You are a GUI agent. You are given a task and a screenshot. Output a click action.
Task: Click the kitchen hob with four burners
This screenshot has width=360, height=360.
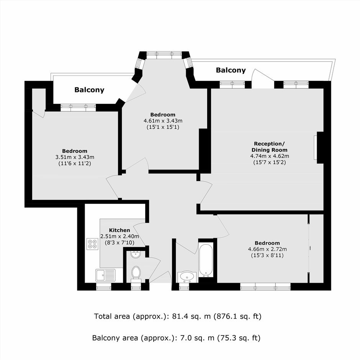[93, 244]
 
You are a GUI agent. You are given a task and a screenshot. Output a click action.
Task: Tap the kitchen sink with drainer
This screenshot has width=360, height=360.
[106, 275]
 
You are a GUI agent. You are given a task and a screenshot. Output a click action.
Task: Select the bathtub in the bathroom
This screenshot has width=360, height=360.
[206, 260]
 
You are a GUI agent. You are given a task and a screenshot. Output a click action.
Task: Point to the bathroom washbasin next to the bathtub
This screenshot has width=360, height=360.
[188, 277]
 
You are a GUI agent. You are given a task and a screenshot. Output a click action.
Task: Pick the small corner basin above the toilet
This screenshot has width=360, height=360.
[136, 254]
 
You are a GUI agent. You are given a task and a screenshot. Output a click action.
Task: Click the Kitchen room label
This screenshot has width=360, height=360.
[119, 230]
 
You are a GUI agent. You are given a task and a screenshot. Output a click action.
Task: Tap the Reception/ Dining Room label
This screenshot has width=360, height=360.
[269, 147]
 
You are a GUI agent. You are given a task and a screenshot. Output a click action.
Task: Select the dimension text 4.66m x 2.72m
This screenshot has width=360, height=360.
[267, 249]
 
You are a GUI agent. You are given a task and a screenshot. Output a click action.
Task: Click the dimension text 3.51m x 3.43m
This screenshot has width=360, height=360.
[75, 157]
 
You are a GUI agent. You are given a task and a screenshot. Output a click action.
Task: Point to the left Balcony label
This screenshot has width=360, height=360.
[89, 90]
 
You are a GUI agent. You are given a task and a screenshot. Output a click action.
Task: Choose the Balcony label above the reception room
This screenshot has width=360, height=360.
[231, 70]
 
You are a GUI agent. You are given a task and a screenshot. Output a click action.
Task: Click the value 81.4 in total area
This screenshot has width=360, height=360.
[182, 316]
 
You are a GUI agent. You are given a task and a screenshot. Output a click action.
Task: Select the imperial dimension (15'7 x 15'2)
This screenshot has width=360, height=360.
[269, 162]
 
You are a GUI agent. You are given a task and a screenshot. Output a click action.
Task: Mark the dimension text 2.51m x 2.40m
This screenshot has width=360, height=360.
[119, 236]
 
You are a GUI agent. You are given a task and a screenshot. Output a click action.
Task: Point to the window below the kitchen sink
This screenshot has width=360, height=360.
[103, 287]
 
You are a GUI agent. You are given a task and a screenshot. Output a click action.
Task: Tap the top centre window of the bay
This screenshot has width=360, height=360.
[164, 55]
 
